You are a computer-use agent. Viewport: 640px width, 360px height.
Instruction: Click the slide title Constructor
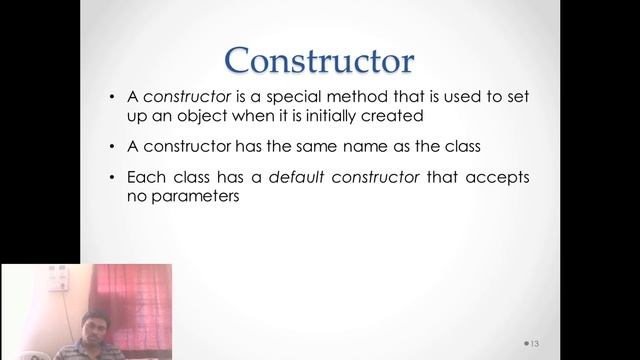pos(320,59)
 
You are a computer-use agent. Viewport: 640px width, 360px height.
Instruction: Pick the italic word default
pos(277,178)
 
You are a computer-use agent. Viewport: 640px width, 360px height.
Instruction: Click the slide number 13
pos(534,343)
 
